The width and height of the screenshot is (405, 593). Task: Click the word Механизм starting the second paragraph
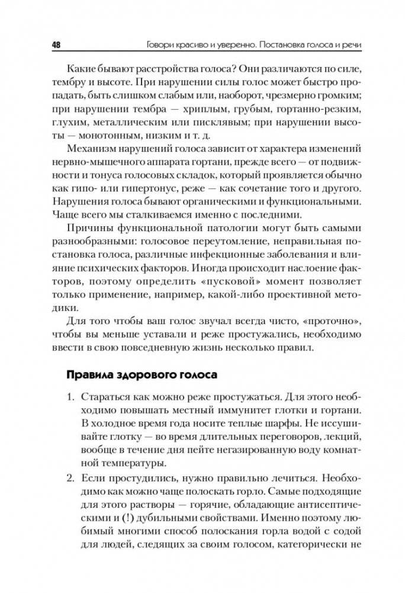coord(93,148)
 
